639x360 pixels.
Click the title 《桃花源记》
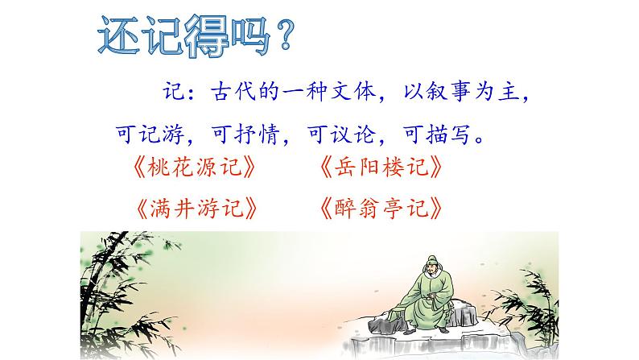pos(196,168)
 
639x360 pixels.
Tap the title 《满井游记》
pos(196,209)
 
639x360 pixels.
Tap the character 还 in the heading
pos(113,39)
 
